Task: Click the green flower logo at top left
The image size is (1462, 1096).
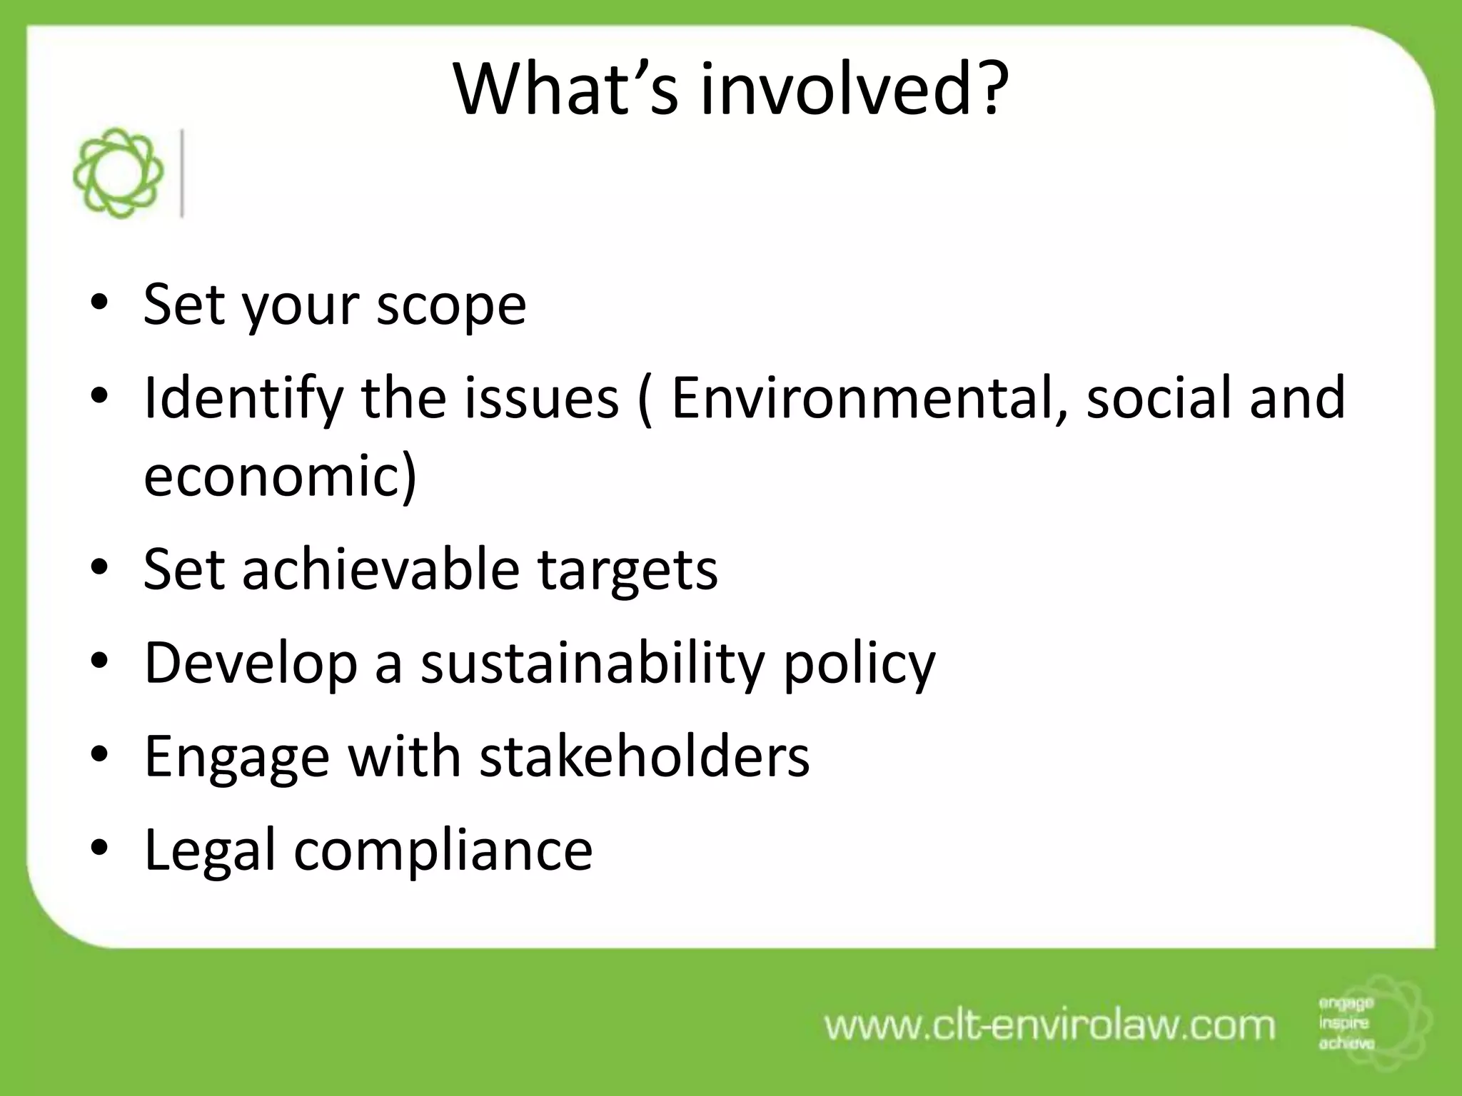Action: click(x=118, y=173)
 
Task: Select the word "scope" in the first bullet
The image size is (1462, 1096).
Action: click(x=451, y=305)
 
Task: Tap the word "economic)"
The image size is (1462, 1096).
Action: click(x=280, y=475)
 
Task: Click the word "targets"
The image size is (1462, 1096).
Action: click(x=627, y=571)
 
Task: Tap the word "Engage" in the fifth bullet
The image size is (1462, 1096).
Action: click(x=237, y=758)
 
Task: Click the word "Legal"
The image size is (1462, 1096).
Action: click(x=210, y=851)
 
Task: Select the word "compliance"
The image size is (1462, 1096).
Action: click(x=443, y=851)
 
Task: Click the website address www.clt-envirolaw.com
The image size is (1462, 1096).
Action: click(x=1049, y=1025)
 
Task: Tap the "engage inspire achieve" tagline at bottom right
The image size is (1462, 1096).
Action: click(x=1346, y=1023)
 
